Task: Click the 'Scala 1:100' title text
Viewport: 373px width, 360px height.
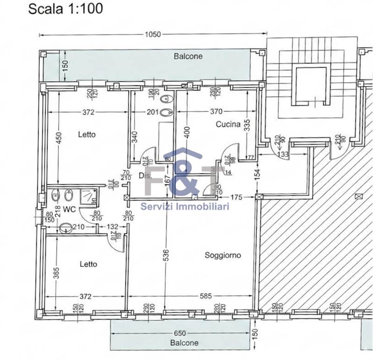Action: pos(66,8)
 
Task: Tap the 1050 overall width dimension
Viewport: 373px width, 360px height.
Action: pos(153,34)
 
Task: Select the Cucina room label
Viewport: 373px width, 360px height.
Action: pos(228,124)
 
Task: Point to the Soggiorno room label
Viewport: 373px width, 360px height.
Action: pos(222,255)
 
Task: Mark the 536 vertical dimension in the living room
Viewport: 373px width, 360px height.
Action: pos(166,255)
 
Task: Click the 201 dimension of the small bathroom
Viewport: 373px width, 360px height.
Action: pos(152,112)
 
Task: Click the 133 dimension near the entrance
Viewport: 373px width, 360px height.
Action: pos(283,154)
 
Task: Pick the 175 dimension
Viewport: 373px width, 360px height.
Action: pos(237,197)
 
